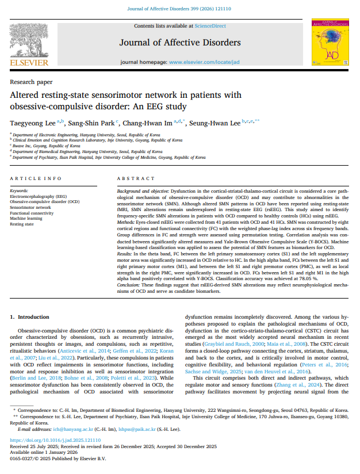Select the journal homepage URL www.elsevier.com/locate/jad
pos(205,62)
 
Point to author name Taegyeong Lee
pos(32,122)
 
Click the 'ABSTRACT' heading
pos(133,179)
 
